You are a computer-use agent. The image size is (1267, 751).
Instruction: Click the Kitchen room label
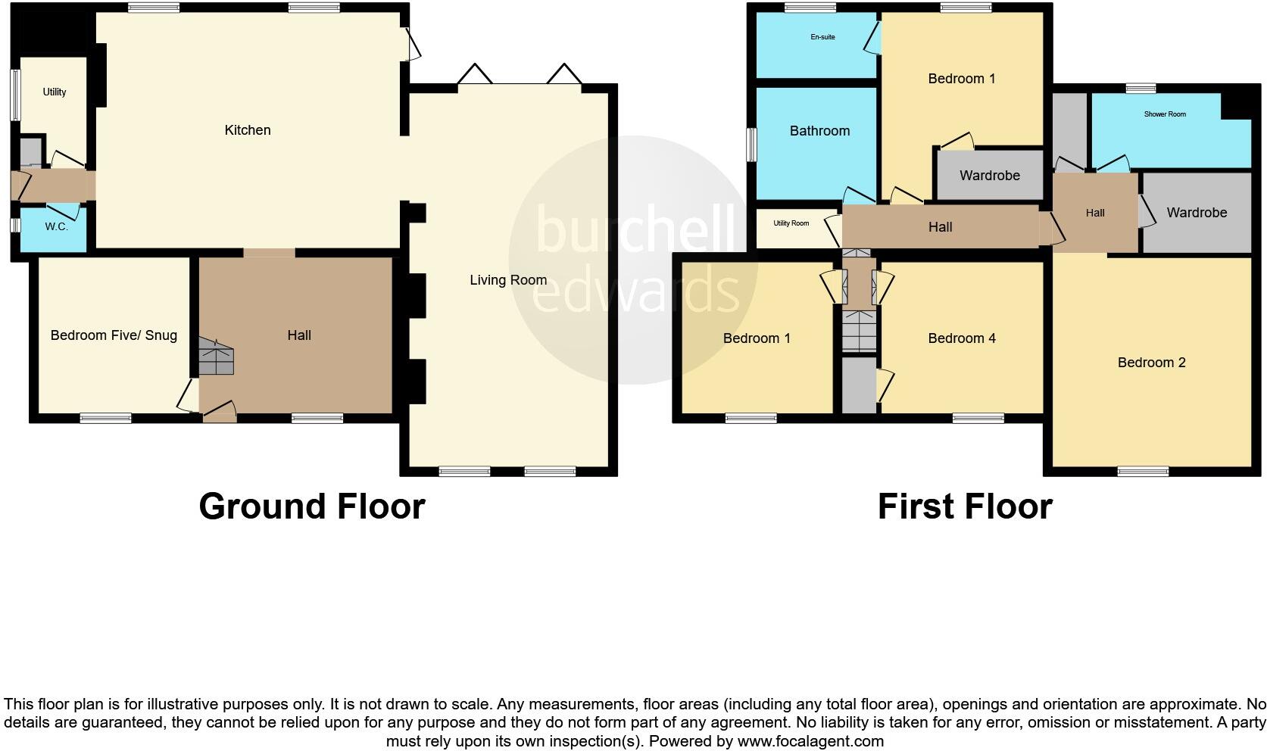pyautogui.click(x=247, y=130)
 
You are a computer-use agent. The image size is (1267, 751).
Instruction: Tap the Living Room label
pyautogui.click(x=507, y=280)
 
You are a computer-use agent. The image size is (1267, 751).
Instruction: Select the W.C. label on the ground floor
pyautogui.click(x=56, y=227)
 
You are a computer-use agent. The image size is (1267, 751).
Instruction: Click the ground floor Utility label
pyautogui.click(x=55, y=92)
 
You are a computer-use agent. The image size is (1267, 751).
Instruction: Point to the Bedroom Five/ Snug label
pyautogui.click(x=114, y=335)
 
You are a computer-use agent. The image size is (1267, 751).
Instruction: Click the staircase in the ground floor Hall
pyautogui.click(x=217, y=357)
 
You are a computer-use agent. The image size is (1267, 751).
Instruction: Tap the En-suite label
pyautogui.click(x=822, y=37)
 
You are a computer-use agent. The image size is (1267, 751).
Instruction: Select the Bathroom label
pyautogui.click(x=819, y=131)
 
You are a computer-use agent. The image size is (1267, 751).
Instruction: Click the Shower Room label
pyautogui.click(x=1165, y=114)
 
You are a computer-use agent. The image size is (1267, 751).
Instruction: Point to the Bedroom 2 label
pyautogui.click(x=1151, y=363)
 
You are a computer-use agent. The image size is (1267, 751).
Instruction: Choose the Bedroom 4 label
pyautogui.click(x=962, y=338)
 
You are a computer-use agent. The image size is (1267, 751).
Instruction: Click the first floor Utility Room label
pyautogui.click(x=791, y=223)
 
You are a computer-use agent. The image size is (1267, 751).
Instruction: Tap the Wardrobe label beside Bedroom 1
pyautogui.click(x=989, y=176)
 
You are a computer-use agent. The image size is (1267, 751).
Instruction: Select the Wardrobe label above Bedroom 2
pyautogui.click(x=1196, y=213)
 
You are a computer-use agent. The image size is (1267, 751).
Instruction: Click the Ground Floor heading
pyautogui.click(x=311, y=506)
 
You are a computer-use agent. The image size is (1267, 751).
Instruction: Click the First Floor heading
pyautogui.click(x=964, y=506)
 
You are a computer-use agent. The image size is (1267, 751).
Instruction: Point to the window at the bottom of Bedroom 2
pyautogui.click(x=1143, y=471)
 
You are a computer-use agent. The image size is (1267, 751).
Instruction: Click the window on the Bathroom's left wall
pyautogui.click(x=751, y=144)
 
